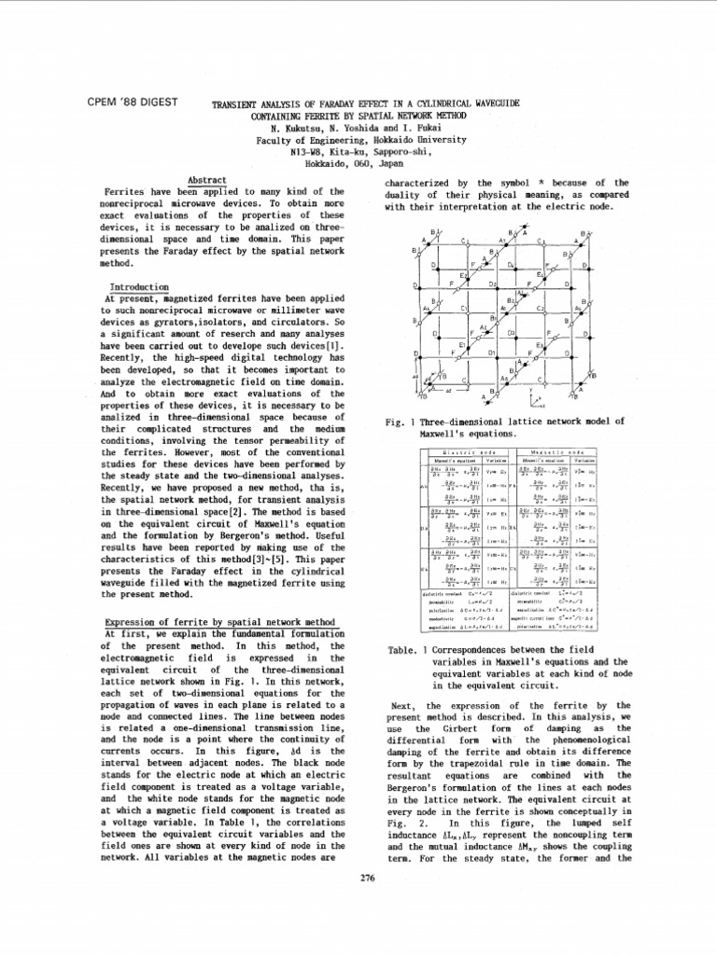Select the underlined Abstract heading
[207, 179]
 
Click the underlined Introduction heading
[139, 286]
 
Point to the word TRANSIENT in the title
[244, 103]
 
